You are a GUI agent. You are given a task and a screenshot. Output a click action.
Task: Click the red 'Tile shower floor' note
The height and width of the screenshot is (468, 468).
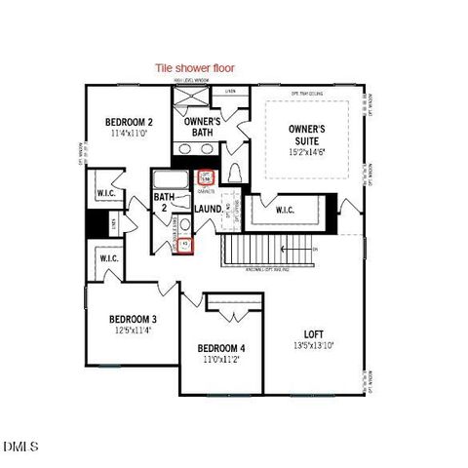click(202, 68)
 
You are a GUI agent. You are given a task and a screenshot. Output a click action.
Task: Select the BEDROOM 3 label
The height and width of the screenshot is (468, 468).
click(134, 319)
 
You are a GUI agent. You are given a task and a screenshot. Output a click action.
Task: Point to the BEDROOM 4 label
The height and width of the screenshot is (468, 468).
click(222, 348)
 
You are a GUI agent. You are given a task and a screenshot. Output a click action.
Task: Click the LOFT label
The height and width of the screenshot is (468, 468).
click(312, 332)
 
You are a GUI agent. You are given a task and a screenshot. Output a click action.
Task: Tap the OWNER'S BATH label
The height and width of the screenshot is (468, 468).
click(203, 126)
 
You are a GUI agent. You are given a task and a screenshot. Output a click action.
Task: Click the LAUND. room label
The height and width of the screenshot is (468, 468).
click(209, 209)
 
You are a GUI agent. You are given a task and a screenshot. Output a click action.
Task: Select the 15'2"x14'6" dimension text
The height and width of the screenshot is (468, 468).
click(312, 153)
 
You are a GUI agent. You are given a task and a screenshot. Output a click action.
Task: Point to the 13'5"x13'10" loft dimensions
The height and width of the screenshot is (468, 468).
click(313, 345)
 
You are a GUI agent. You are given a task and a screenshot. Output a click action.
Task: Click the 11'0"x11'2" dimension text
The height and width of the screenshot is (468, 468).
click(222, 360)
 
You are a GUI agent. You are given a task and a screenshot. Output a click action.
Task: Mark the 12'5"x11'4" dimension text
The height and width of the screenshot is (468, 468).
click(134, 331)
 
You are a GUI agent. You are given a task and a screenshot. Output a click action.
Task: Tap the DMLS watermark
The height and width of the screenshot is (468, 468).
click(20, 447)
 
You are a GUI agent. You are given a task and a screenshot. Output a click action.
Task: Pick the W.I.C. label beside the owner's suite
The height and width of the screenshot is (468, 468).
click(286, 210)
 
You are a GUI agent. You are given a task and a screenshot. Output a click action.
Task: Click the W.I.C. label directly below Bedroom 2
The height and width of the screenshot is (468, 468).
click(106, 193)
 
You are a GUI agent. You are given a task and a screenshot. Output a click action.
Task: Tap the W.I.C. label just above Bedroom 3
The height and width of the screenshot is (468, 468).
click(107, 258)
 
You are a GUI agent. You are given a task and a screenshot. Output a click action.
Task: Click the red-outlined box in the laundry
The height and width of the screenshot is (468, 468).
click(185, 244)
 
